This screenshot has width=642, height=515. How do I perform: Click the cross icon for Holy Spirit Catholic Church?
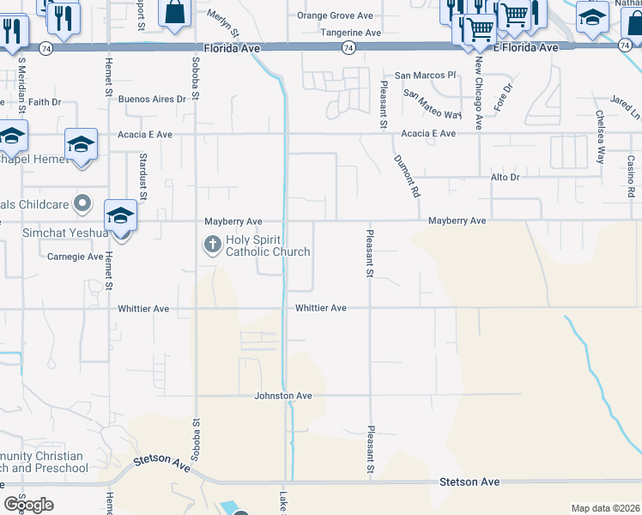tap(212, 245)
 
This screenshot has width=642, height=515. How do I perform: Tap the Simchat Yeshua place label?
tap(54, 233)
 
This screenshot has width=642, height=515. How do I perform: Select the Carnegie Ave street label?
tap(75, 256)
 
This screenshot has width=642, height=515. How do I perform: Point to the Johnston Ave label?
tap(283, 396)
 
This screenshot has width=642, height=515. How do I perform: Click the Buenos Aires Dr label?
tap(152, 99)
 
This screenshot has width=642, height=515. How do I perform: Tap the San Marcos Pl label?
tap(425, 76)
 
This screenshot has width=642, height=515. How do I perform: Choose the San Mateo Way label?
tap(433, 103)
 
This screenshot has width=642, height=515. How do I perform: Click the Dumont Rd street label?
tap(407, 176)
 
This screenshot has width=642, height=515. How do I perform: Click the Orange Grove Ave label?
tap(335, 15)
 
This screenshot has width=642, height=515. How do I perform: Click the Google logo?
tap(28, 505)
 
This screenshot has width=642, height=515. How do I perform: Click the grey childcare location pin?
tap(82, 203)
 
